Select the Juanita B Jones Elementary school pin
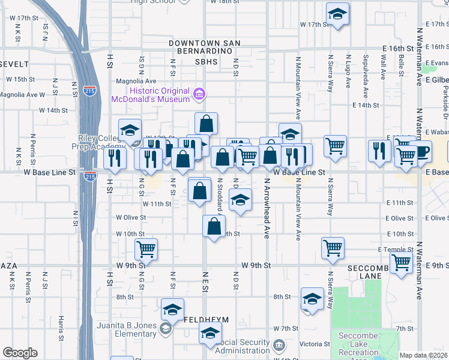pyautogui.click(x=165, y=329)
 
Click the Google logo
pyautogui.click(x=20, y=353)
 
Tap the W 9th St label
pyautogui.click(x=257, y=265)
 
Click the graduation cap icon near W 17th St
pyautogui.click(x=337, y=14)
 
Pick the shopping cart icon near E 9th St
pyautogui.click(x=400, y=262)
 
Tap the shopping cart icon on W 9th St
pyautogui.click(x=146, y=248)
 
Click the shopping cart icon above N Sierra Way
pyautogui.click(x=335, y=145)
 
